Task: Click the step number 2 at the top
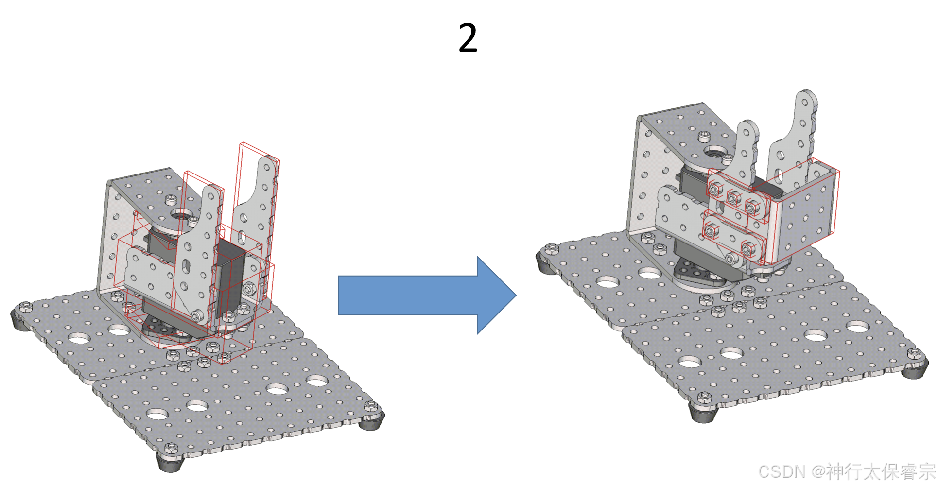(x=468, y=37)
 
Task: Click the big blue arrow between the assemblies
(x=427, y=295)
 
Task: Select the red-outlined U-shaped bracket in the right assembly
(x=802, y=214)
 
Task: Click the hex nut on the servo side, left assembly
(x=249, y=290)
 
